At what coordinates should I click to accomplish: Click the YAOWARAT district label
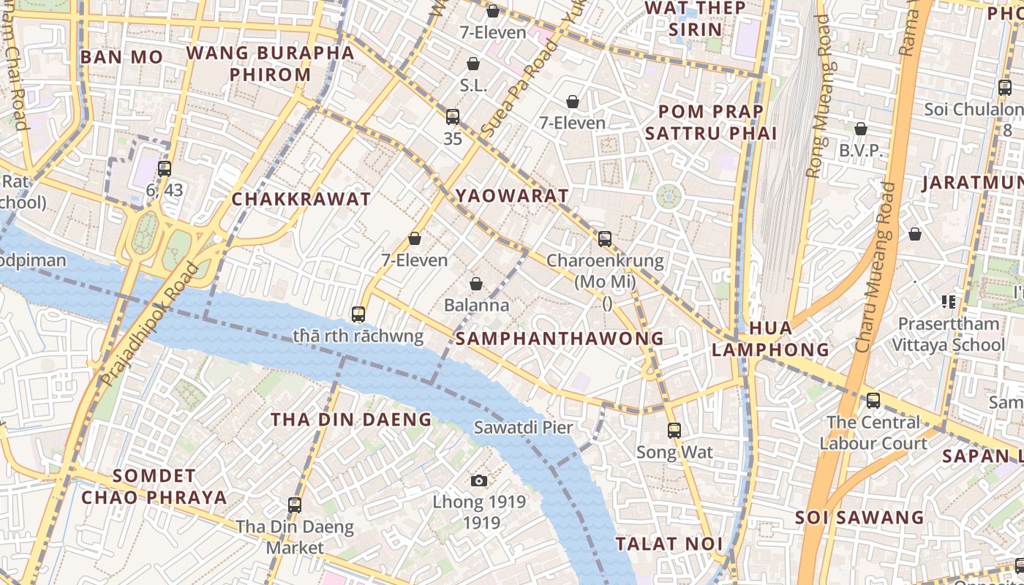click(x=512, y=195)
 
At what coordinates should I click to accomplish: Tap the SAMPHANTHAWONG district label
click(x=560, y=339)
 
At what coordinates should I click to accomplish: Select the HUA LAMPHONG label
click(x=770, y=339)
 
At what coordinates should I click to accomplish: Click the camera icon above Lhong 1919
click(x=479, y=480)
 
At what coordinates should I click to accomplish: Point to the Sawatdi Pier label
click(x=523, y=427)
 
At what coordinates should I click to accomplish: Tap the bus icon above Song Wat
click(x=674, y=431)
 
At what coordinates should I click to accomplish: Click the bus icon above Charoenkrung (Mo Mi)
click(x=605, y=238)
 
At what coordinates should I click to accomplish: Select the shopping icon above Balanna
click(x=476, y=284)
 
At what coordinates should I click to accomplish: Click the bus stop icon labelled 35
click(x=453, y=116)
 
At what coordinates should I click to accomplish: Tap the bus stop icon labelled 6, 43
click(x=165, y=169)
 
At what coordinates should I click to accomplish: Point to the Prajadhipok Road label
click(x=149, y=325)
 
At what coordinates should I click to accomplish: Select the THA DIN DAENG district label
click(x=351, y=419)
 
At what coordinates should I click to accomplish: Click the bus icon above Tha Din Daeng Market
click(x=295, y=505)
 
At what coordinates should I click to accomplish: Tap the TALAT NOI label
click(x=669, y=543)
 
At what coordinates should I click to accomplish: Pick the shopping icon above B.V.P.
click(x=861, y=129)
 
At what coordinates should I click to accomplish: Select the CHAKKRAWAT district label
click(x=301, y=199)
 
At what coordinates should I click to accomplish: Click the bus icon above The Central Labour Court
click(x=873, y=401)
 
